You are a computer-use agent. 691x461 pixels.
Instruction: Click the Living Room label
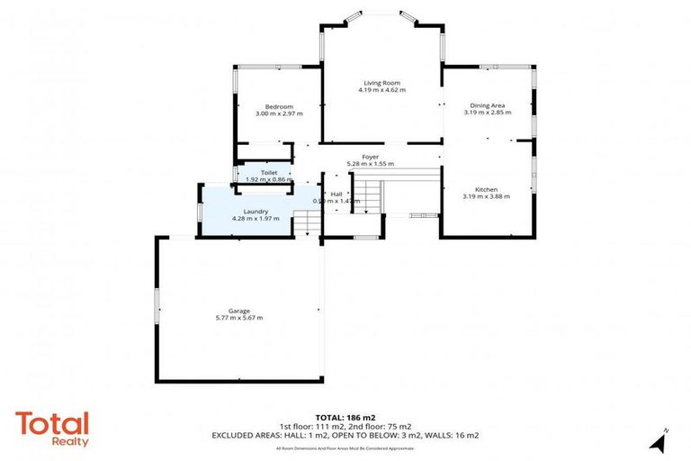pyautogui.click(x=381, y=82)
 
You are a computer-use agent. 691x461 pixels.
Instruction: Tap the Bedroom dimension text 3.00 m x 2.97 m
pyautogui.click(x=279, y=114)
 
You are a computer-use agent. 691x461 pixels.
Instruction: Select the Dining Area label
pyautogui.click(x=487, y=105)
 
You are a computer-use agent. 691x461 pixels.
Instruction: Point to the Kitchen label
pyautogui.click(x=487, y=188)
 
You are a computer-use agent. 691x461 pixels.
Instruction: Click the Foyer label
pyautogui.click(x=371, y=157)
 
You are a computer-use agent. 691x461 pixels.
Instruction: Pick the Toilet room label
pyautogui.click(x=269, y=172)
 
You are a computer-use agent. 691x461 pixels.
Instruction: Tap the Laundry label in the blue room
pyautogui.click(x=244, y=211)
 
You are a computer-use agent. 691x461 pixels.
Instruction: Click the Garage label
pyautogui.click(x=238, y=312)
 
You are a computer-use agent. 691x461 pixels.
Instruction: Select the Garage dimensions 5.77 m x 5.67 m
pyautogui.click(x=238, y=319)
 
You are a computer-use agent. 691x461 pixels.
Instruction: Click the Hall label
pyautogui.click(x=336, y=194)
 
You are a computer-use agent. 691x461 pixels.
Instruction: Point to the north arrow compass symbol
pyautogui.click(x=660, y=441)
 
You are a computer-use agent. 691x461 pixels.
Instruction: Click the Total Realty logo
pyautogui.click(x=52, y=428)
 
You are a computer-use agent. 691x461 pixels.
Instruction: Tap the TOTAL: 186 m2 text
pyautogui.click(x=345, y=418)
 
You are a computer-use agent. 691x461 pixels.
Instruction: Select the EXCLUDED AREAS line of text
pyautogui.click(x=345, y=435)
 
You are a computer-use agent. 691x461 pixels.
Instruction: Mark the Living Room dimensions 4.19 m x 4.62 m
pyautogui.click(x=381, y=90)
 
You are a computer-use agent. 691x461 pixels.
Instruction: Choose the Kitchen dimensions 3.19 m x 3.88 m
pyautogui.click(x=487, y=196)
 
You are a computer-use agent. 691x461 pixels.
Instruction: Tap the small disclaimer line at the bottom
pyautogui.click(x=345, y=447)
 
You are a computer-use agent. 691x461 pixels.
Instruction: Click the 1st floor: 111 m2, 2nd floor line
pyautogui.click(x=345, y=426)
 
